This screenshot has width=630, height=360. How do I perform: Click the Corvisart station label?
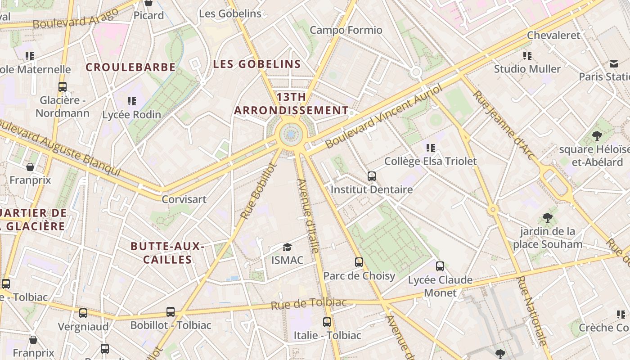(184, 199)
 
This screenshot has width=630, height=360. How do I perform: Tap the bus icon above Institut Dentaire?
(372, 176)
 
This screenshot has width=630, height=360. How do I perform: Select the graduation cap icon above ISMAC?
(287, 247)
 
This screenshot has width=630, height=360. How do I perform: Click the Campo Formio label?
(346, 30)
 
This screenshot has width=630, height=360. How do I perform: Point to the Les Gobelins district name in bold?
(257, 64)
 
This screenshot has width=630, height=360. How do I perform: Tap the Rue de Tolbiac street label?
(309, 304)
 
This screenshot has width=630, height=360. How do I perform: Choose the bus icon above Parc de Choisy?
(359, 262)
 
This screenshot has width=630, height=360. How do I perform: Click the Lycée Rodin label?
(132, 115)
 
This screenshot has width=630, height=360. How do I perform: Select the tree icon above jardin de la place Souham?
(548, 218)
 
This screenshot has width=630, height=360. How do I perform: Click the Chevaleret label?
(553, 35)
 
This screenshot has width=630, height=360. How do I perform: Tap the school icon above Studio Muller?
(527, 56)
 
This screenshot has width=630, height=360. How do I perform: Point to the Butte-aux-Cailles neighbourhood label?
(167, 253)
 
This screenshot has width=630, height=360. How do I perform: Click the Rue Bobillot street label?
(258, 191)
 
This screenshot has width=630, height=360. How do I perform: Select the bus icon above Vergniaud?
(83, 313)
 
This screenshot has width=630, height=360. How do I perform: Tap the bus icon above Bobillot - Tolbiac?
(171, 311)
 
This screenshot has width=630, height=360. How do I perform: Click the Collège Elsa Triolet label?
(430, 161)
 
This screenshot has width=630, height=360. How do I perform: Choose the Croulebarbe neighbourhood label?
(130, 67)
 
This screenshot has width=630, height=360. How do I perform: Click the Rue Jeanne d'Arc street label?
(504, 125)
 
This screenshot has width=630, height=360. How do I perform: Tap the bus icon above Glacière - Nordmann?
(63, 87)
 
